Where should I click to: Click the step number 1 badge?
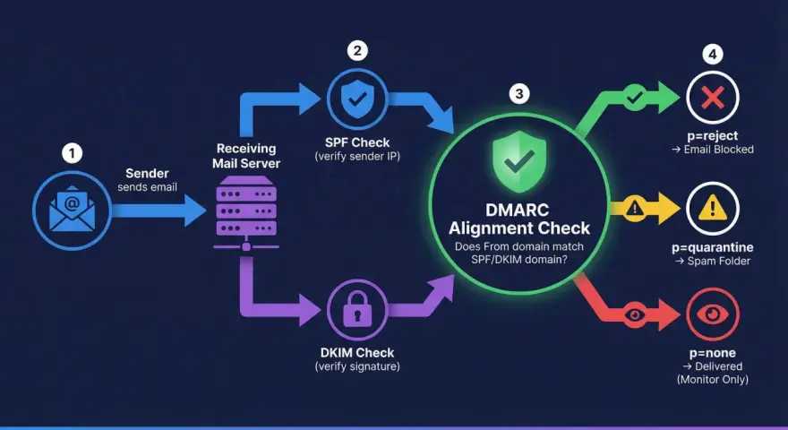coord(72,153)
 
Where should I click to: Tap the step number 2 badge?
coord(357,50)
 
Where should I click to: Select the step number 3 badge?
coord(519,93)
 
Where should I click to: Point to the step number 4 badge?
coord(713,55)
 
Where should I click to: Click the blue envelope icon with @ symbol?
coord(72,210)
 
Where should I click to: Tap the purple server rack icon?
coord(246,212)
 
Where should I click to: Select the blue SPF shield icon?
coord(357,99)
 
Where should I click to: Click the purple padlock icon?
coord(357,308)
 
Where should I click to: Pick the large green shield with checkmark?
coord(519,161)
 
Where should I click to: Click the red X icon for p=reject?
coord(713,98)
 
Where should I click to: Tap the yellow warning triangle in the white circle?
coord(713,207)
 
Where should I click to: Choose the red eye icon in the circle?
coord(713,314)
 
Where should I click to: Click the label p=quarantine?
coord(713,247)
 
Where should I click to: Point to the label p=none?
coord(713,353)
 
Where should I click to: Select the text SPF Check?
coord(357,142)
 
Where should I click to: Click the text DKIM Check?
coord(357,353)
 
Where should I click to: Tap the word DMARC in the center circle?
coord(518,210)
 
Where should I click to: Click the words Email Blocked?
coord(719,150)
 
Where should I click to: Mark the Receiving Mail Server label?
coord(246,156)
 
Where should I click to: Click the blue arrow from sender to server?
coord(158,211)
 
